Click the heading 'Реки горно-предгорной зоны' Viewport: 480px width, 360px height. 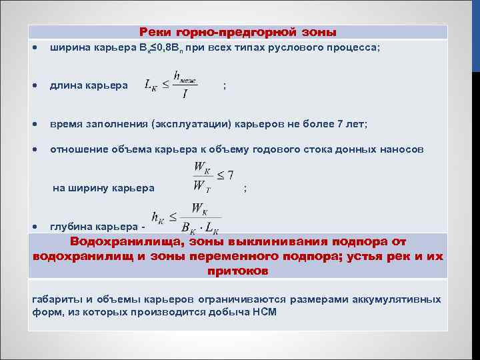click(238, 32)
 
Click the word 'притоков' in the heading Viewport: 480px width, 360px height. click(238, 271)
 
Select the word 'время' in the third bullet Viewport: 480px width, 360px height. click(66, 124)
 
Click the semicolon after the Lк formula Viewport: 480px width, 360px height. click(225, 86)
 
